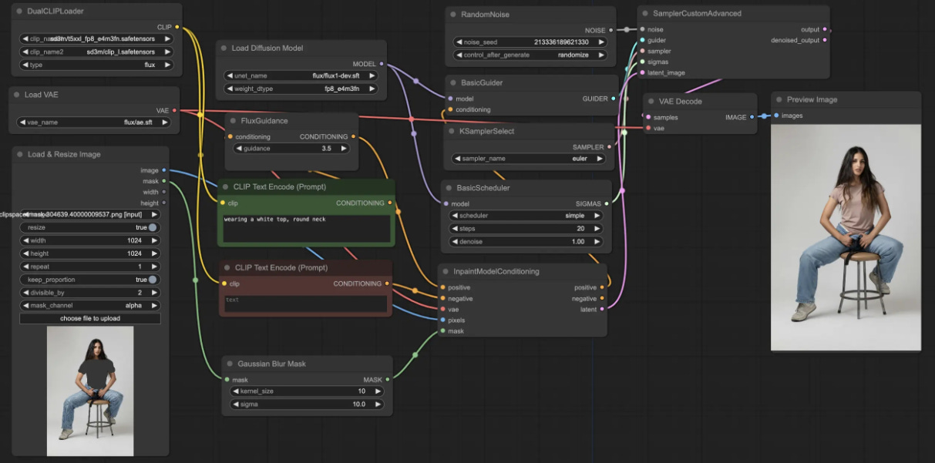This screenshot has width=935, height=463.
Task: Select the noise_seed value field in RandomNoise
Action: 530,42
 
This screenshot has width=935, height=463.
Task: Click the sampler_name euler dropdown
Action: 528,159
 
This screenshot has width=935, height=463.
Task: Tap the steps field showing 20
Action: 525,229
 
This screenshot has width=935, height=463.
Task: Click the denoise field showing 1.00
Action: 525,242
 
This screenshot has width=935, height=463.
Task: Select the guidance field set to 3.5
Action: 291,148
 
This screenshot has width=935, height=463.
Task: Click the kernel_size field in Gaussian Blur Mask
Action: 307,391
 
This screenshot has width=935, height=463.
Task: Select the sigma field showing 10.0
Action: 307,404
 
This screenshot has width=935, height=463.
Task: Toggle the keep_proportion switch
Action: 153,280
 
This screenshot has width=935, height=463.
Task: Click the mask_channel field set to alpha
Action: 89,306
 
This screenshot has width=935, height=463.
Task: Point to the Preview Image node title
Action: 812,99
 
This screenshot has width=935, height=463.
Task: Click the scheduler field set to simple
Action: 525,216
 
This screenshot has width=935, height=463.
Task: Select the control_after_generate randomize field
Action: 530,55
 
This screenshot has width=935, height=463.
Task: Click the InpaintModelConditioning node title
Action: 496,271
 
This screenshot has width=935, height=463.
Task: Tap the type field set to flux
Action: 96,65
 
